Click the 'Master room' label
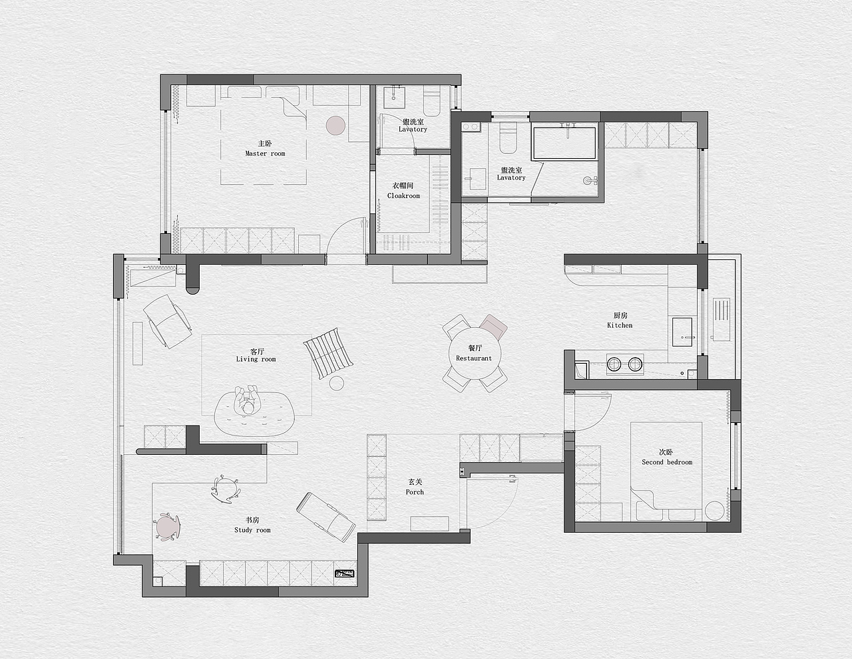pos(265,154)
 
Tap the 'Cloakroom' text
pos(403,196)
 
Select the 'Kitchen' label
pos(620,325)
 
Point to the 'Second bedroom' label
pos(667,462)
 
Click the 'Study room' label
pos(252,530)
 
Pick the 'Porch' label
pos(415,492)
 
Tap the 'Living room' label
pos(256,359)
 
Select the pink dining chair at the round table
pos(493,327)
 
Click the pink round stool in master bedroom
pos(335,125)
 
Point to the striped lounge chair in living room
pos(328,353)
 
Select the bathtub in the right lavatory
pos(564,143)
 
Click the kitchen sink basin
pos(682,332)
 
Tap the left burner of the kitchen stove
pos(614,364)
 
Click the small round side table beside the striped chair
pos(336,383)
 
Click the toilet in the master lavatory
pos(432,102)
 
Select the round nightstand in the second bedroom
pos(715,511)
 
